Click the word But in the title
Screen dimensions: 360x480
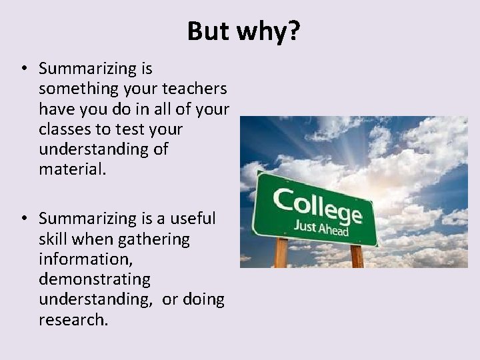[x=208, y=31]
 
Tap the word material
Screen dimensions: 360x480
[x=72, y=169]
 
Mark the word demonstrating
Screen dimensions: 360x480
[x=95, y=279]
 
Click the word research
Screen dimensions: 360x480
[x=73, y=320]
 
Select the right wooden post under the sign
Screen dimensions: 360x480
[x=357, y=256]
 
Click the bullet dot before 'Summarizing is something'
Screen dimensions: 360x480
[x=23, y=69]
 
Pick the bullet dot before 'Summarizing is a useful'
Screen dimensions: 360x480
[x=23, y=219]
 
